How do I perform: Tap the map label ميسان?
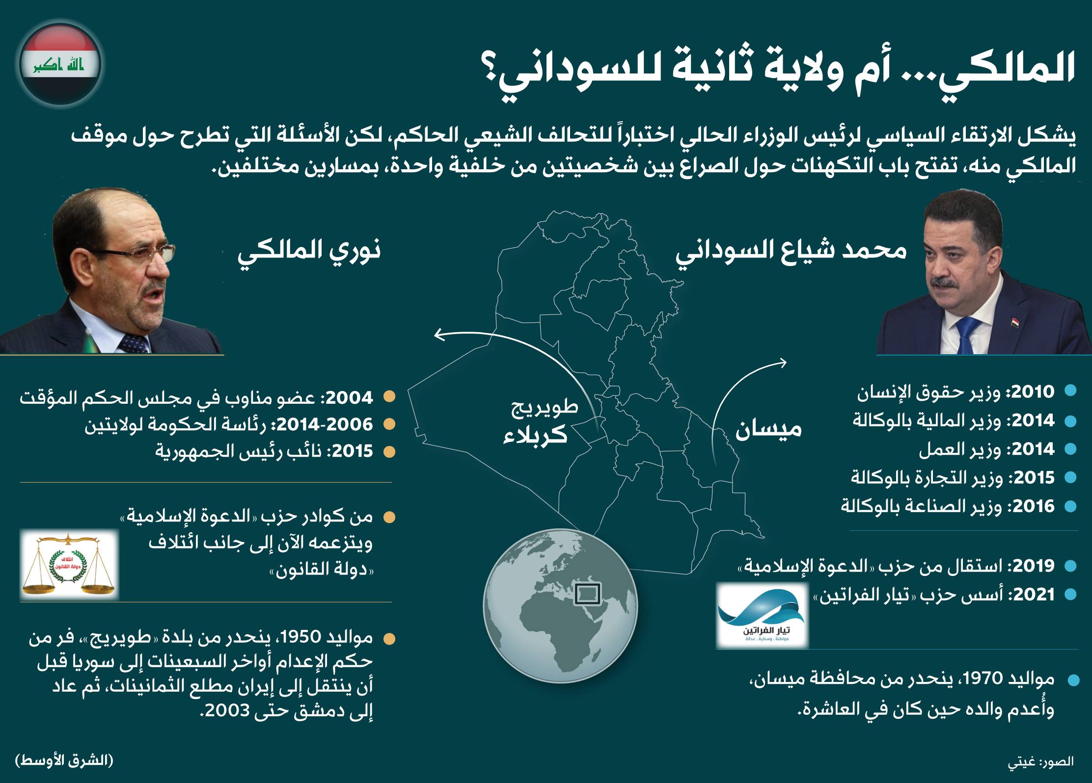pos(768,429)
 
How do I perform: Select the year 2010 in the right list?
pos(1030,392)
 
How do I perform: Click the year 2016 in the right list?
pos(1030,506)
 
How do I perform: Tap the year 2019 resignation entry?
pos(1030,566)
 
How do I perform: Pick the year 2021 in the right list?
pos(1030,595)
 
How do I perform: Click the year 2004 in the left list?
pos(348,397)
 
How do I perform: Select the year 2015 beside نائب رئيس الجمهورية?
pos(349,451)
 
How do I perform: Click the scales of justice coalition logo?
pos(69,564)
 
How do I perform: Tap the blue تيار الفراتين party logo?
pos(761,614)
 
